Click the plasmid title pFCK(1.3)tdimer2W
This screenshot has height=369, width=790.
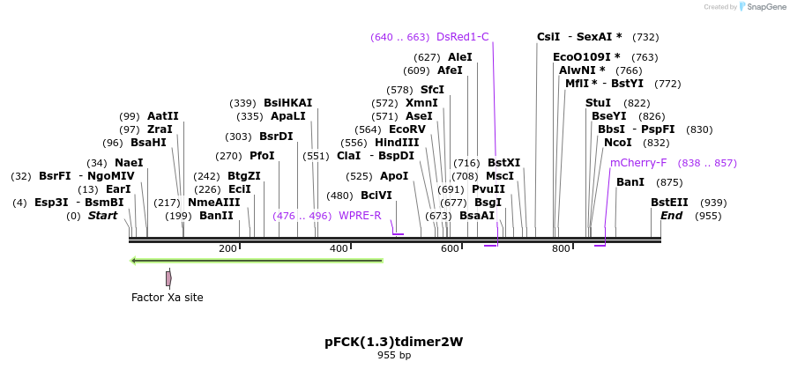[394, 342]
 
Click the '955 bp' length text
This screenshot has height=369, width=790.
[394, 356]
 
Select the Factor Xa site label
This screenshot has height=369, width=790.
[168, 298]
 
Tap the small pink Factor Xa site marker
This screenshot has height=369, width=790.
[168, 278]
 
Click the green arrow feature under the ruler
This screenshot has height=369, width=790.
[256, 261]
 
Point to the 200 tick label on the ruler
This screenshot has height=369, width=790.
[227, 249]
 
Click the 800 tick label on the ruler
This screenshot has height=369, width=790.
[561, 249]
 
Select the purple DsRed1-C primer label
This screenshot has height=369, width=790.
[462, 37]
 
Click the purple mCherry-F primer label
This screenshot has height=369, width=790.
[638, 163]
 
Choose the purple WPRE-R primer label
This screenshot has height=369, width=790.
[360, 216]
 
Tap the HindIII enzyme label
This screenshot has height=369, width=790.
[397, 143]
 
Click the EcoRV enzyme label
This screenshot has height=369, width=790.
[406, 129]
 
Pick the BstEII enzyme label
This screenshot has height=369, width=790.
[669, 203]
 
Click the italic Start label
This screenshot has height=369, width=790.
[102, 216]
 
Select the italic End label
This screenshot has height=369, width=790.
[671, 216]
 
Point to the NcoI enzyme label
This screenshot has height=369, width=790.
[617, 143]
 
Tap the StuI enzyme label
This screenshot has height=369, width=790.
[598, 103]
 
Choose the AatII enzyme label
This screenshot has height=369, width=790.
[163, 116]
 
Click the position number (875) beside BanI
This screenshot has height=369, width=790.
[669, 182]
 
